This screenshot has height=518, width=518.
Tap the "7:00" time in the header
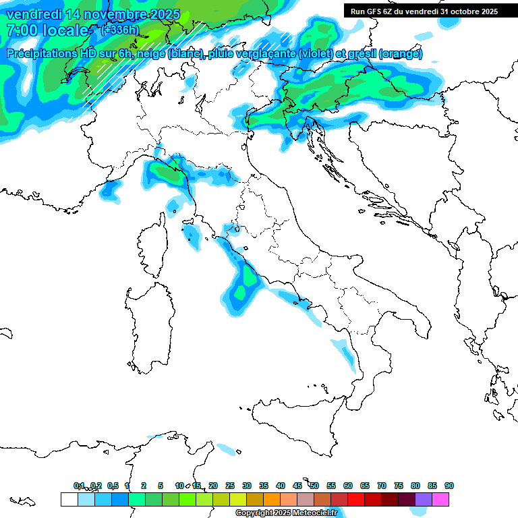[x=20, y=30]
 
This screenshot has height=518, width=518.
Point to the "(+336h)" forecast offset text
[x=119, y=30]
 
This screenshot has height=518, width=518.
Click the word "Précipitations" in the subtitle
[x=45, y=54]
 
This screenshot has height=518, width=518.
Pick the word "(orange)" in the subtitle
[x=401, y=54]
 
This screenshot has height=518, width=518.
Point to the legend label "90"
[x=449, y=486]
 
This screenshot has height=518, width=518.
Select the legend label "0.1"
[x=79, y=486]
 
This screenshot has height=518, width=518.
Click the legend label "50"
[x=314, y=486]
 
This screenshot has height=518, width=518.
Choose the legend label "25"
[x=230, y=486]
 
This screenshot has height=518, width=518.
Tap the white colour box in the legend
[x=69, y=499]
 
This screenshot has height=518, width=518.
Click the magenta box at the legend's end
[x=440, y=499]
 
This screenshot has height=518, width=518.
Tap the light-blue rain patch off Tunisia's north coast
[x=227, y=448]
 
